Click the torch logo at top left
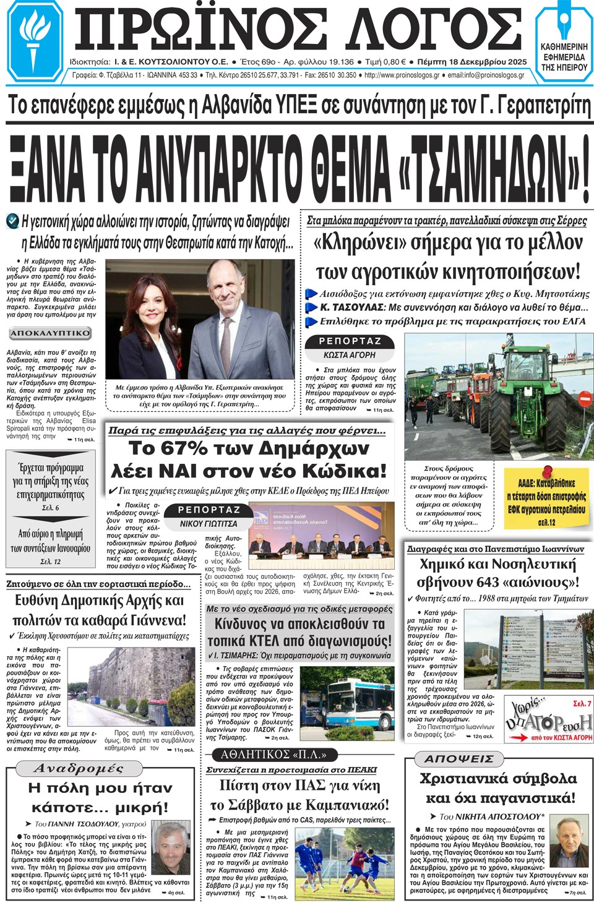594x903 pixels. tap(34, 40)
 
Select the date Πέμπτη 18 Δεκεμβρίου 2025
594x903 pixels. tap(472, 62)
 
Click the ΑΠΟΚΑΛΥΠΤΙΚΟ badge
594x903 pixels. tap(50, 333)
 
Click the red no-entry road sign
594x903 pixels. tap(583, 399)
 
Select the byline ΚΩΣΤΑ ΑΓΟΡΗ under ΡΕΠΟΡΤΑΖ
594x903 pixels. tap(349, 355)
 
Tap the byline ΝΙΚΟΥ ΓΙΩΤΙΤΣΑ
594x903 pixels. tap(209, 523)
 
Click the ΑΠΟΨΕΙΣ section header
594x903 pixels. tap(459, 758)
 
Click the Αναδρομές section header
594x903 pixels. tap(79, 769)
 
